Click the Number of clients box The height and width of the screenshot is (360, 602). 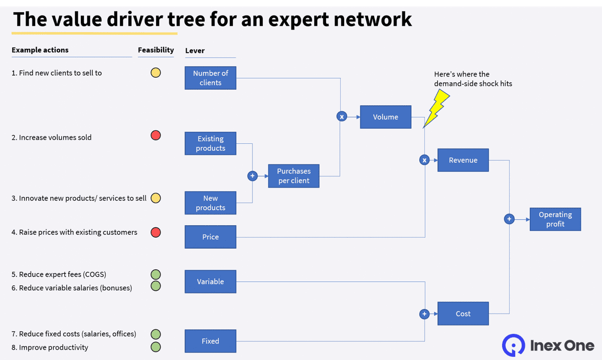[210, 78]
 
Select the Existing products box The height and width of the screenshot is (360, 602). [210, 143]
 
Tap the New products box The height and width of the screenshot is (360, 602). [210, 203]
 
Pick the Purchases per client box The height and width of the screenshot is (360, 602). [293, 176]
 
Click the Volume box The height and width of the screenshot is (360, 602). [385, 117]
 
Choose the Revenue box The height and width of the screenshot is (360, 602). [463, 160]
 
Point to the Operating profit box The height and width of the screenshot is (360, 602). [555, 219]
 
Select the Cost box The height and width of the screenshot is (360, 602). [463, 313]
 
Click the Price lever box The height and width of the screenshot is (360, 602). [210, 237]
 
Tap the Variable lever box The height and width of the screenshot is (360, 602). [210, 281]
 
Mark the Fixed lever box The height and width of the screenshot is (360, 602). [210, 341]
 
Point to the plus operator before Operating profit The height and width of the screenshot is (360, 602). [509, 219]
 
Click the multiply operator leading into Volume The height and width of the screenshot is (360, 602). [342, 117]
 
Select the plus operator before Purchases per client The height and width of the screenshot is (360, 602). [252, 176]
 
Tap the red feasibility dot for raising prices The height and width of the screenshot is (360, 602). [156, 232]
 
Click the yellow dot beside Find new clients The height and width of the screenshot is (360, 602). [156, 73]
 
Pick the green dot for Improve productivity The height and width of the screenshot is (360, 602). [156, 347]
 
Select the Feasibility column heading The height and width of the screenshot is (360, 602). [156, 50]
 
